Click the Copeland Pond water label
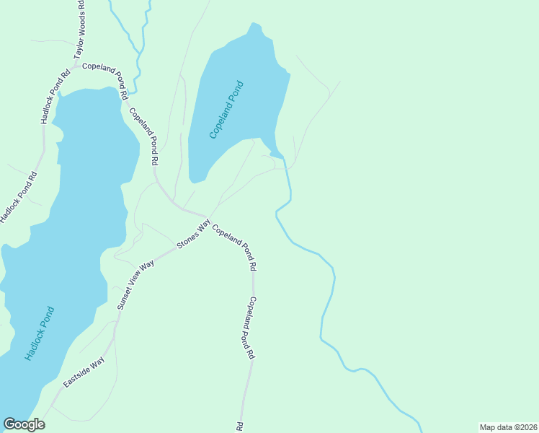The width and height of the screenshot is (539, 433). [226, 110]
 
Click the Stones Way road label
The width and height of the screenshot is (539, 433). [193, 235]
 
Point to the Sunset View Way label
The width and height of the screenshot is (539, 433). [136, 285]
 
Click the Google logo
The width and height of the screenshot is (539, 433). [24, 424]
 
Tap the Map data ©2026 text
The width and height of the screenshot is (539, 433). [508, 427]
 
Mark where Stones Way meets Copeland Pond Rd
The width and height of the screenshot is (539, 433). [208, 217]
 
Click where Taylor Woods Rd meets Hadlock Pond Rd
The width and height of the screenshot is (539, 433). [72, 67]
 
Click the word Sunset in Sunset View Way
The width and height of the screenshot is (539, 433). [126, 298]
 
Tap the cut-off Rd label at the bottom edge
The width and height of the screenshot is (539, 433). [239, 427]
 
